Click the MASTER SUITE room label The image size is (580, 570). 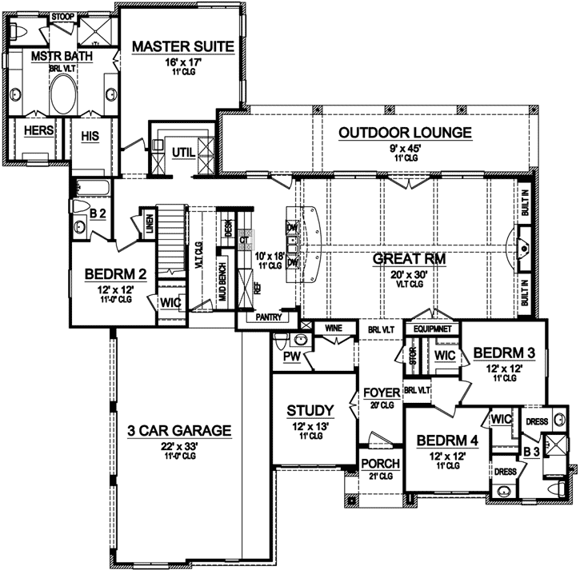183,47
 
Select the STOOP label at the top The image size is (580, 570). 62,16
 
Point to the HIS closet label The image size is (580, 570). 89,137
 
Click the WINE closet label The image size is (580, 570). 334,327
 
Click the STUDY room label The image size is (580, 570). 310,411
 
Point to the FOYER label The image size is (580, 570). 381,393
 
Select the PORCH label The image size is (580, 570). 375,464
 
